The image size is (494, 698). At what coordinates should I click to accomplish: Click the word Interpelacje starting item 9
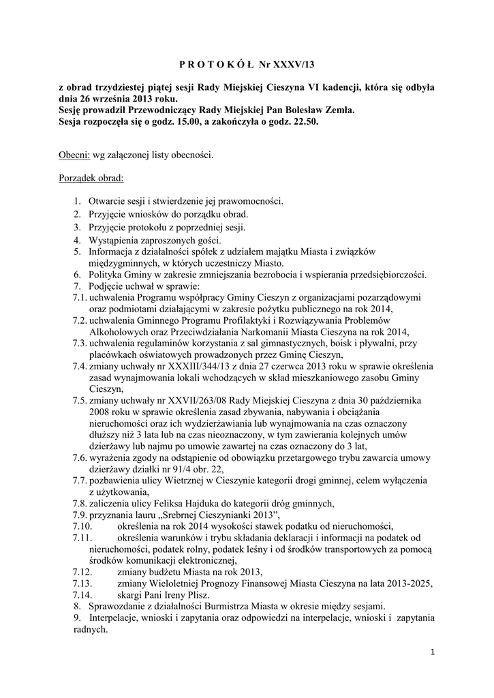click(117, 618)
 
